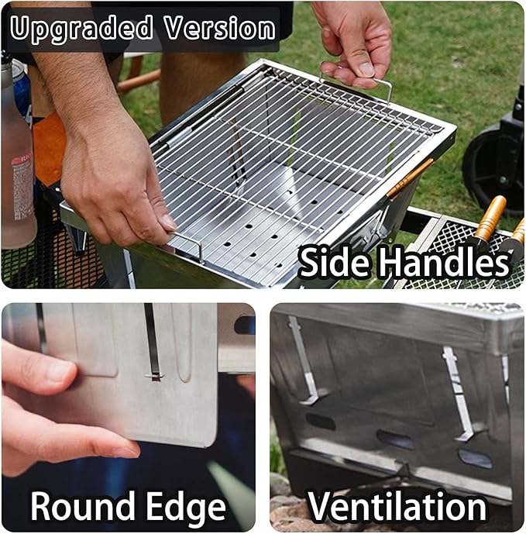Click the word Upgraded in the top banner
click(x=81, y=29)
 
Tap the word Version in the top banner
click(x=220, y=28)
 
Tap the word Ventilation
click(x=397, y=506)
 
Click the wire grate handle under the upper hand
click(x=356, y=80)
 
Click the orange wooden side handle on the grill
click(x=410, y=177)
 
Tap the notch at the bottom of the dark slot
click(x=155, y=377)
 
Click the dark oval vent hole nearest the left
click(x=321, y=421)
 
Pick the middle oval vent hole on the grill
click(x=395, y=439)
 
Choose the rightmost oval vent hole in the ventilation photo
click(x=476, y=458)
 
